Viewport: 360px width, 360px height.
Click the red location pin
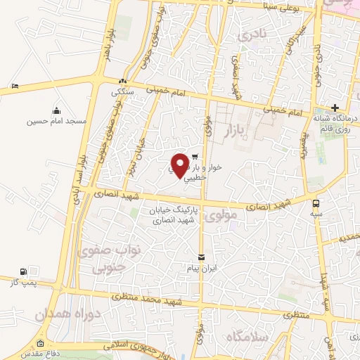[x=180, y=165]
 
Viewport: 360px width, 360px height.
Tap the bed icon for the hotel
[x=15, y=86]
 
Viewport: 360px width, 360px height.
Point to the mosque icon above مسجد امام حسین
[x=56, y=110]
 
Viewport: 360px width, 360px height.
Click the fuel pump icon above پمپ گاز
[x=25, y=271]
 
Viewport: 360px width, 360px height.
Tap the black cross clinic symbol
[x=335, y=108]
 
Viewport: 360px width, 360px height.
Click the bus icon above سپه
[x=318, y=201]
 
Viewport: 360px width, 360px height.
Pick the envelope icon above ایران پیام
[x=202, y=257]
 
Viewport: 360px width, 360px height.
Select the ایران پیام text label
[x=202, y=269]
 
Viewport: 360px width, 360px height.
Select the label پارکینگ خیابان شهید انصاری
[x=174, y=215]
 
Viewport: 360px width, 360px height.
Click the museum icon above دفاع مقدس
[x=39, y=344]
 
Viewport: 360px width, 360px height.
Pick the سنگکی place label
[x=122, y=91]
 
